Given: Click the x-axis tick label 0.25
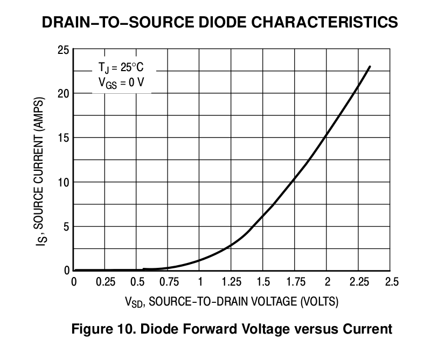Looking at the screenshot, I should (x=106, y=282).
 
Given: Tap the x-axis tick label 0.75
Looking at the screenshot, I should (x=169, y=282).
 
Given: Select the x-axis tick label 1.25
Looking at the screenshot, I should (x=232, y=282).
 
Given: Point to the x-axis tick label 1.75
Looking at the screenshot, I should (x=296, y=282).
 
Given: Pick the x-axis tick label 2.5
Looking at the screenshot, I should (x=391, y=282).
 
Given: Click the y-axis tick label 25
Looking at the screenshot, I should (x=64, y=50).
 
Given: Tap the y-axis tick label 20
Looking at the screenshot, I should (x=64, y=94).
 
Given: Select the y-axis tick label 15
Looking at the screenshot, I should (x=64, y=138).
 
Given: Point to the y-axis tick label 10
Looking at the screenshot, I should (x=64, y=182).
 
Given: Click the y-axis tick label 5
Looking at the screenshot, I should (x=66, y=226).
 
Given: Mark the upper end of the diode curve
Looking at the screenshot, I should (x=370, y=67).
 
